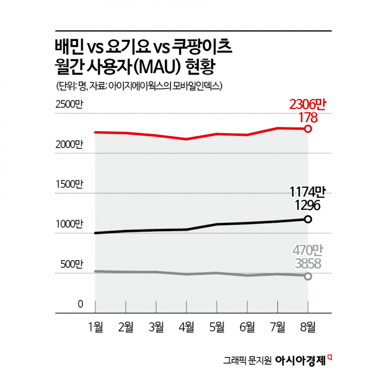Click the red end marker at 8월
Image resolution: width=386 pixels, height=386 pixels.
pyautogui.click(x=308, y=128)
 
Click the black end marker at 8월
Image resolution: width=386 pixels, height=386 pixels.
pyautogui.click(x=308, y=219)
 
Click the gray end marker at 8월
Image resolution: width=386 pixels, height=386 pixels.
pyautogui.click(x=308, y=276)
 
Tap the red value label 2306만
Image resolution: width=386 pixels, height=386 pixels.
pyautogui.click(x=308, y=106)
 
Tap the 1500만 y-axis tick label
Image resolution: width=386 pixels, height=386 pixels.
pyautogui.click(x=69, y=184)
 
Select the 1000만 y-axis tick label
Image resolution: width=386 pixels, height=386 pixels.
pyautogui.click(x=69, y=224)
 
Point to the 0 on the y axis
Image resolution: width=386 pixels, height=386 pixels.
pyautogui.click(x=80, y=305)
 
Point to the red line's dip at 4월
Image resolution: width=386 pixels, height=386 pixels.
pyautogui.click(x=187, y=139)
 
